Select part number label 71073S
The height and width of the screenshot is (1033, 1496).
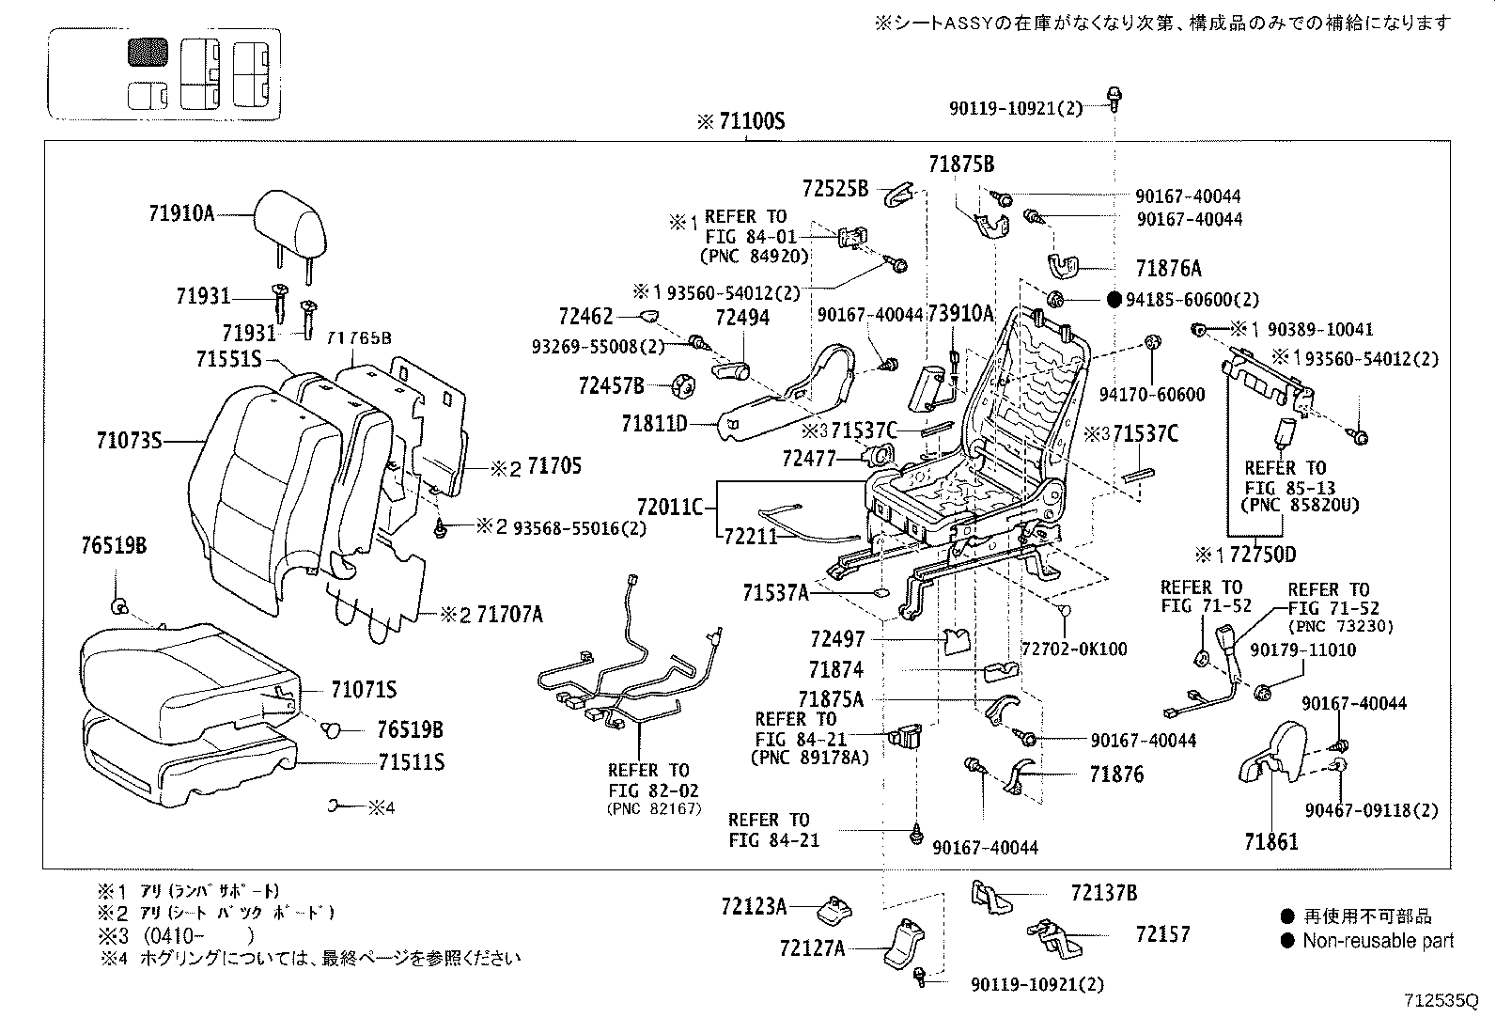129,439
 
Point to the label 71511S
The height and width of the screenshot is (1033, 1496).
387,761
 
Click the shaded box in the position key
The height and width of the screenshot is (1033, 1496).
148,53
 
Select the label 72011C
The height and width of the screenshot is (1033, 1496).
669,509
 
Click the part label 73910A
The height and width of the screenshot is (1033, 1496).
960,314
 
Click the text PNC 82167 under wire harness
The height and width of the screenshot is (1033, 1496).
654,808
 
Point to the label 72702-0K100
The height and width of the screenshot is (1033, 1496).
1074,650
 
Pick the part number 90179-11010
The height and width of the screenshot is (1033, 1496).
1302,650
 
